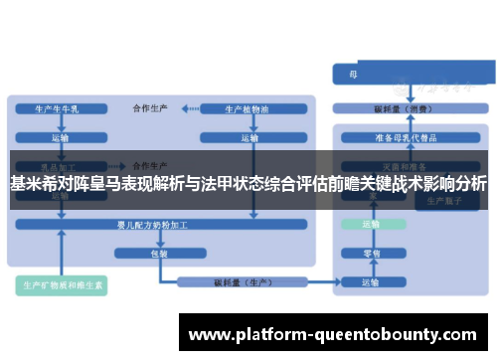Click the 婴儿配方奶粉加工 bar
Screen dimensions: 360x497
[x=159, y=225]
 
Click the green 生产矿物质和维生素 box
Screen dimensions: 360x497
[x=63, y=285]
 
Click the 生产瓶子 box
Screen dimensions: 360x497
[x=437, y=200]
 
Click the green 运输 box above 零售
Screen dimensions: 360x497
[x=370, y=225]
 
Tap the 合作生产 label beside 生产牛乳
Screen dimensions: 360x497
[x=151, y=106]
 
